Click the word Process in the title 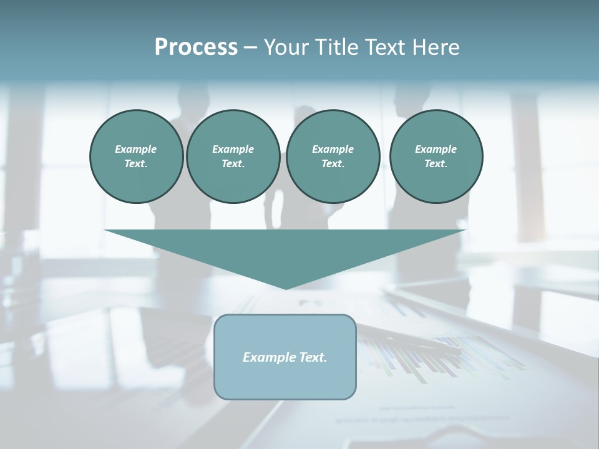pyautogui.click(x=196, y=47)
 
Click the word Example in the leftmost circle pyautogui.click(x=136, y=149)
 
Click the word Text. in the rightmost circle pyautogui.click(x=436, y=164)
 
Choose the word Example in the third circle pyautogui.click(x=333, y=149)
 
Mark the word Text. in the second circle pyautogui.click(x=233, y=164)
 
